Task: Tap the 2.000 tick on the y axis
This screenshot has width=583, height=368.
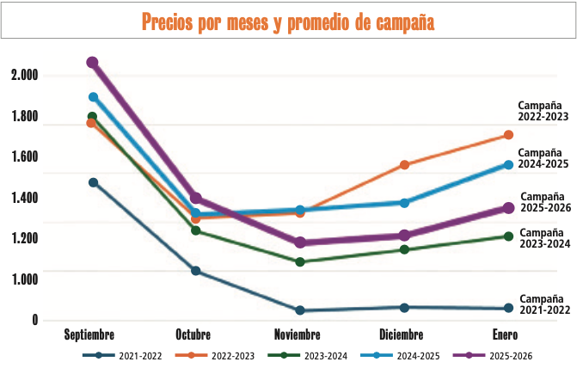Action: click(x=25, y=76)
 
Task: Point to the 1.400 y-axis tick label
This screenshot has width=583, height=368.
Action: click(x=25, y=198)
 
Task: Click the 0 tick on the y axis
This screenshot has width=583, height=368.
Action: click(x=35, y=321)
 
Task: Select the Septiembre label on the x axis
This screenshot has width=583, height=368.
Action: click(x=89, y=334)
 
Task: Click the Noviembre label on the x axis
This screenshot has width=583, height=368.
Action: click(x=298, y=334)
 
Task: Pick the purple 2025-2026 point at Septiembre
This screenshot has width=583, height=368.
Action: click(x=92, y=62)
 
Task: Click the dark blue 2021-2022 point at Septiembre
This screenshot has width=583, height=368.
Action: click(x=93, y=182)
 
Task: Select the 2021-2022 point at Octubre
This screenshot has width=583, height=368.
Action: click(x=196, y=271)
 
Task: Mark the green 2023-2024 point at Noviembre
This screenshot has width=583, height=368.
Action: click(x=300, y=261)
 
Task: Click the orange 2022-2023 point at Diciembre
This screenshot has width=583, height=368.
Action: click(x=404, y=164)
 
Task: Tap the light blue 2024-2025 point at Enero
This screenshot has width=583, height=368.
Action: click(x=508, y=164)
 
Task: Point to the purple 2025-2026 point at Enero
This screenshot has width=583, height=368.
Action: click(x=508, y=208)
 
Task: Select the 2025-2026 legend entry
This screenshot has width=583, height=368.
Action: click(x=499, y=355)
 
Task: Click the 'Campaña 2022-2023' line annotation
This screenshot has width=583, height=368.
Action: click(x=543, y=111)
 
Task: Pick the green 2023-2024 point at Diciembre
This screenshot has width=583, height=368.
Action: click(x=404, y=249)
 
